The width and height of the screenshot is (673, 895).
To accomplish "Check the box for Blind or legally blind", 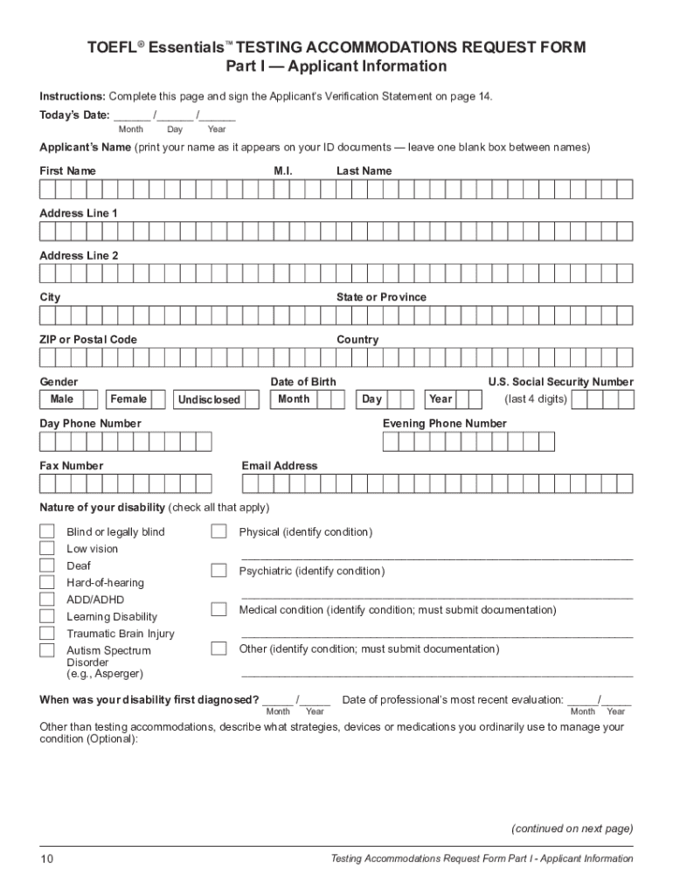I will point(46,531).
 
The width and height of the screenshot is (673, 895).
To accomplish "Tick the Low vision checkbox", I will point(46,549).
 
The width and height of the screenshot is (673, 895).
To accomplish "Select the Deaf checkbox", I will point(46,565).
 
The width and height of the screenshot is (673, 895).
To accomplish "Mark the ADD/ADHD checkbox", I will point(46,600).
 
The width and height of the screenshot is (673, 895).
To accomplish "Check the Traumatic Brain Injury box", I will point(46,634).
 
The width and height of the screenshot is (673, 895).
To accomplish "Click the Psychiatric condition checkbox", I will point(219,571).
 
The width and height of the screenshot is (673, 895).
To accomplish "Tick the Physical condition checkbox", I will point(219,531).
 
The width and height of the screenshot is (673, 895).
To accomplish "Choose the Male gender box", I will point(62,399).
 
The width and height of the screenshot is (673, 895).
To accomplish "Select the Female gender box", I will point(128,399).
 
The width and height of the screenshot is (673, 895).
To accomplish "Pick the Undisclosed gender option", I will point(209,400).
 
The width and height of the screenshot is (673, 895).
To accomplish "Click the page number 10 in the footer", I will point(46,859).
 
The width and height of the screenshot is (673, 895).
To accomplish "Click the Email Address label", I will point(280,466).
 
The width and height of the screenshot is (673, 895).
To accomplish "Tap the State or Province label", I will point(381,297).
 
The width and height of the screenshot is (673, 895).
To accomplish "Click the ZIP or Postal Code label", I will point(88,339).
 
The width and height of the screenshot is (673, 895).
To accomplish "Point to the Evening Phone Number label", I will point(444,424).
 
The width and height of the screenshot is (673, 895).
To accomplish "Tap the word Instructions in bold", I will point(72,95).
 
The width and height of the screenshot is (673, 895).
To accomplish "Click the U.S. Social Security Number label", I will point(560,382).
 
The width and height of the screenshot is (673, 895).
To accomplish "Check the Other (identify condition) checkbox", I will point(219,649).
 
